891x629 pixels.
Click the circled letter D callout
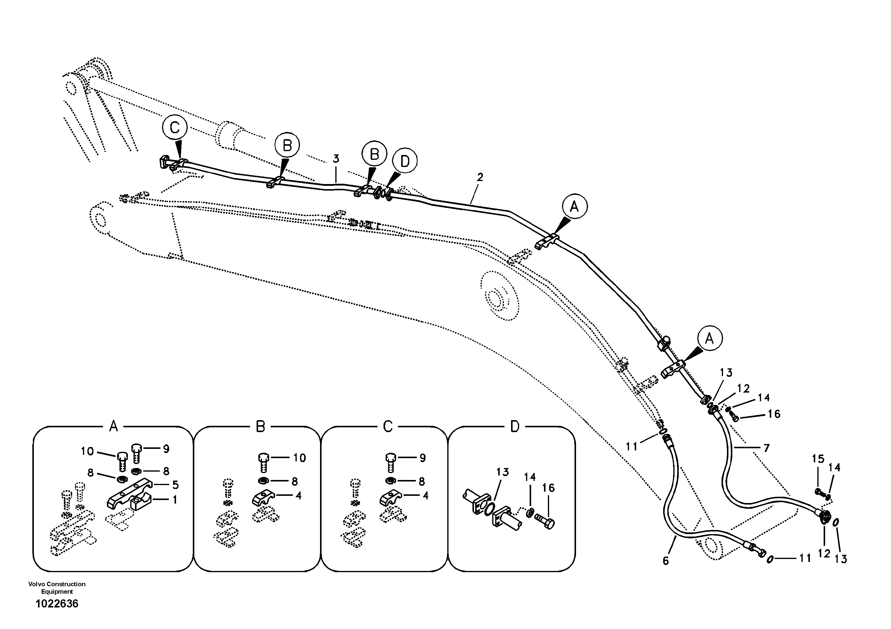click(x=404, y=161)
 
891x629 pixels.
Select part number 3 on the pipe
click(x=336, y=159)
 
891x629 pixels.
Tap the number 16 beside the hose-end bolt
click(x=774, y=414)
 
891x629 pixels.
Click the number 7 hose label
click(x=766, y=448)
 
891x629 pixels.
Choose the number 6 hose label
click(x=666, y=561)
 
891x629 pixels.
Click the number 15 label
click(x=818, y=459)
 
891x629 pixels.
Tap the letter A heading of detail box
click(x=113, y=427)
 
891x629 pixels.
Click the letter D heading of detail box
click(x=515, y=427)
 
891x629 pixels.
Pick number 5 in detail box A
click(x=175, y=485)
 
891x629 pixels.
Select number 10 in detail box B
click(x=299, y=458)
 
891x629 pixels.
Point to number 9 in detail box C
click(x=423, y=458)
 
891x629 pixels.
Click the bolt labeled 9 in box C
click(x=390, y=461)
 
